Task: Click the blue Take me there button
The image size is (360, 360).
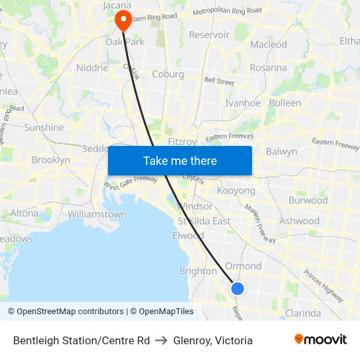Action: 180,160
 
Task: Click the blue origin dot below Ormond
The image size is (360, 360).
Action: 238,288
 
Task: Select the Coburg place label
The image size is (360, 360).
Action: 168,74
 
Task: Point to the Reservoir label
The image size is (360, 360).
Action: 209,35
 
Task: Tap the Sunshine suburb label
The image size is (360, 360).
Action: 44,128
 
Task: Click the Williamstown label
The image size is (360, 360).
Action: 97,214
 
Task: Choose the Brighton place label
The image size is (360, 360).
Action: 198,271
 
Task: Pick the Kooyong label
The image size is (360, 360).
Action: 236,190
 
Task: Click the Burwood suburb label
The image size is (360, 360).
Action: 308,200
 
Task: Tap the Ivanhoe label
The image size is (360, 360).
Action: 242,103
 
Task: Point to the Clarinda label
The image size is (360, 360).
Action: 303,313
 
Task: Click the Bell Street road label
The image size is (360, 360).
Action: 219,82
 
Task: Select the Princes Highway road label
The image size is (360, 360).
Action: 323,286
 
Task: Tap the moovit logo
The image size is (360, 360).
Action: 320,340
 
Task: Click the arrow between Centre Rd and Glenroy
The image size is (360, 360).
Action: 161,340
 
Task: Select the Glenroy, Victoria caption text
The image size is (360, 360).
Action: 213,340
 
